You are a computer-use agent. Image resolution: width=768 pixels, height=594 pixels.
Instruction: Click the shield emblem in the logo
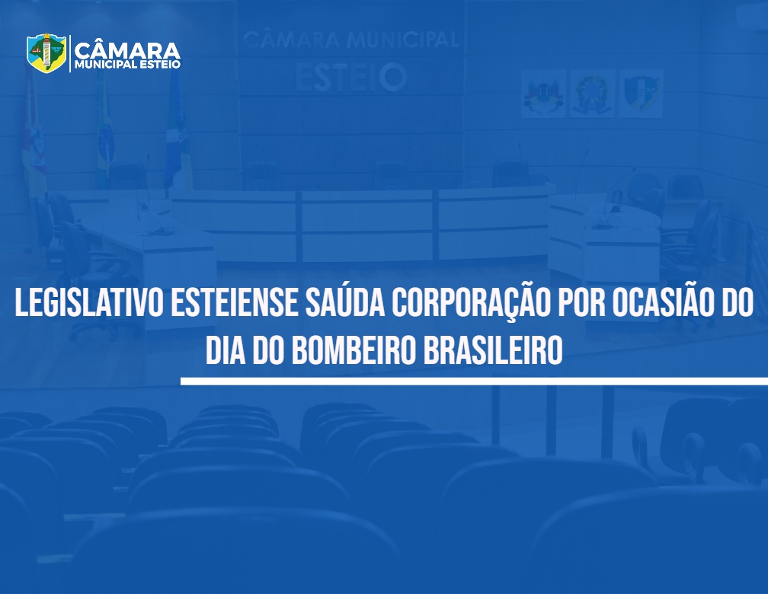[46, 53]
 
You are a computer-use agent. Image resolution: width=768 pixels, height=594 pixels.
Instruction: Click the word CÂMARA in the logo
[127, 50]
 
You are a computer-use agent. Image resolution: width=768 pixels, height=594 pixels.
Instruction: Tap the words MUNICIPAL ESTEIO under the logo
[127, 65]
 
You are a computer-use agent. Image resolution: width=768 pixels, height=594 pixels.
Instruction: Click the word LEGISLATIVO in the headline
[88, 303]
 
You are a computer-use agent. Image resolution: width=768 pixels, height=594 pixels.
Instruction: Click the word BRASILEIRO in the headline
[493, 350]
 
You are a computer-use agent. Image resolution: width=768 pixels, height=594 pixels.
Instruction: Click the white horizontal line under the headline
[474, 382]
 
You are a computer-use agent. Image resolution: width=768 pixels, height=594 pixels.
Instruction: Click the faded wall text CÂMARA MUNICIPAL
[350, 40]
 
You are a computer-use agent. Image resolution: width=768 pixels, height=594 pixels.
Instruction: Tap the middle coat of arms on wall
[591, 94]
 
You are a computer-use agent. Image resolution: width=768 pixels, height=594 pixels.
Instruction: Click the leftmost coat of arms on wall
[543, 94]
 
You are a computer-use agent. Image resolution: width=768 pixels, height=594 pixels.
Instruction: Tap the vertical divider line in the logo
[70, 53]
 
